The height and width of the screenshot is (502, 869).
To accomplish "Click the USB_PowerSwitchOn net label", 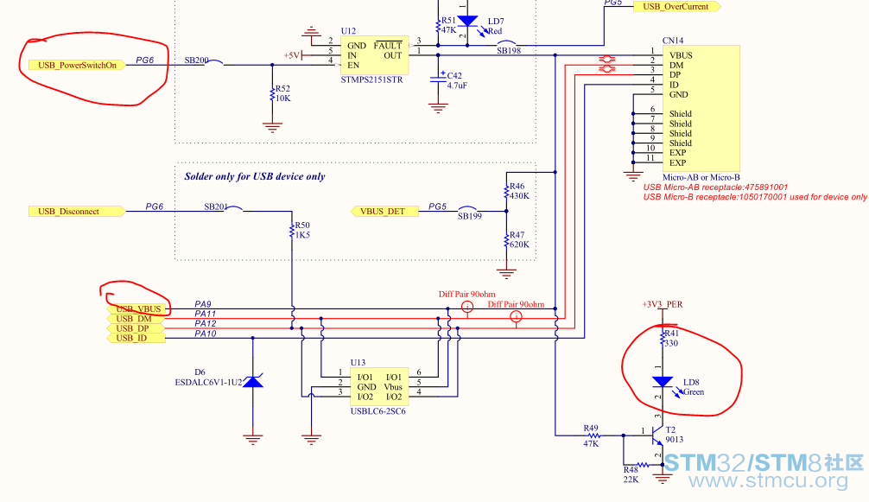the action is (x=77, y=66).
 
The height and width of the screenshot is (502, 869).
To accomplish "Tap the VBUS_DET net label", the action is (x=384, y=211).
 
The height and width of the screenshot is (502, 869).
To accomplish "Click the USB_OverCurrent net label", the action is (x=676, y=7).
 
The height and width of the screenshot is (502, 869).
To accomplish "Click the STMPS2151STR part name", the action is (x=372, y=79).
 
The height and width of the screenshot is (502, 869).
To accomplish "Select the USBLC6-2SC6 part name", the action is (x=378, y=411).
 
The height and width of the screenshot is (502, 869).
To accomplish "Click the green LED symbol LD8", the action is (x=663, y=382).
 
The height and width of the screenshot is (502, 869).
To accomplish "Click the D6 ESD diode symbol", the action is (x=253, y=381).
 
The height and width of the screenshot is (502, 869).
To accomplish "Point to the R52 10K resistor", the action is (x=272, y=93).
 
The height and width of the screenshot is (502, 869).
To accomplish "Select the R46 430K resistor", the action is (x=506, y=191).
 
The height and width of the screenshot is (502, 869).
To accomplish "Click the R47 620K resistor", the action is (x=506, y=240).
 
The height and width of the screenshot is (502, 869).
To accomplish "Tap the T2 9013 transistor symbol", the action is (x=657, y=435).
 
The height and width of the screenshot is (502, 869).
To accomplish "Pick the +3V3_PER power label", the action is (x=663, y=304).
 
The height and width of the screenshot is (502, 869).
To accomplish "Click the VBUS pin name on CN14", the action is (x=681, y=55).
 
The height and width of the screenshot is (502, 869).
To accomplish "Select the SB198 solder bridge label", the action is (x=508, y=50).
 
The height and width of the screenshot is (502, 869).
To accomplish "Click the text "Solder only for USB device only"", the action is (x=254, y=177).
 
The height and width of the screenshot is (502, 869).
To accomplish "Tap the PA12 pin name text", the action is (x=205, y=324).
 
